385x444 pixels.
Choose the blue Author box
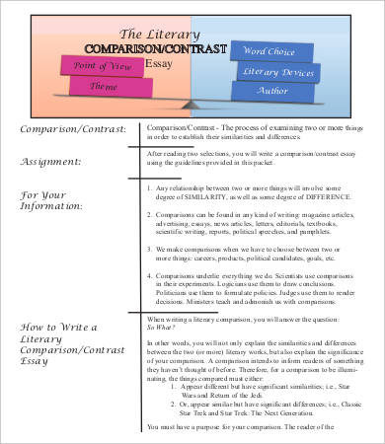click(278, 90)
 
